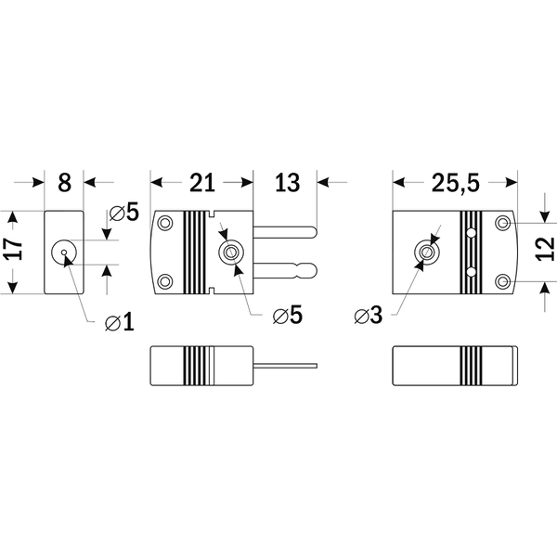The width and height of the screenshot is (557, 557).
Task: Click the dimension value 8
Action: point(64,183)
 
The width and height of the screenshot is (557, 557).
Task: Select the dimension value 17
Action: point(14,250)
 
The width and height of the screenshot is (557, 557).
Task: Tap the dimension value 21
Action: point(202,183)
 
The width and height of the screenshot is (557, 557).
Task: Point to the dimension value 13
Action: point(287,183)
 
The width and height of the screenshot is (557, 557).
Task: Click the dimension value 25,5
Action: point(456,183)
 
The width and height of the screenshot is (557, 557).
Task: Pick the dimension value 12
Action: point(545,249)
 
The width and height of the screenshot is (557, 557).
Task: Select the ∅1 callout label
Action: point(120,322)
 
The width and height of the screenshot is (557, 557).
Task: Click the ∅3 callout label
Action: point(369,316)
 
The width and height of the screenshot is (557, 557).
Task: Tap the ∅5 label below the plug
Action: point(288,315)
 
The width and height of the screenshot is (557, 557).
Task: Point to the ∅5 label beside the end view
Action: point(124,213)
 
